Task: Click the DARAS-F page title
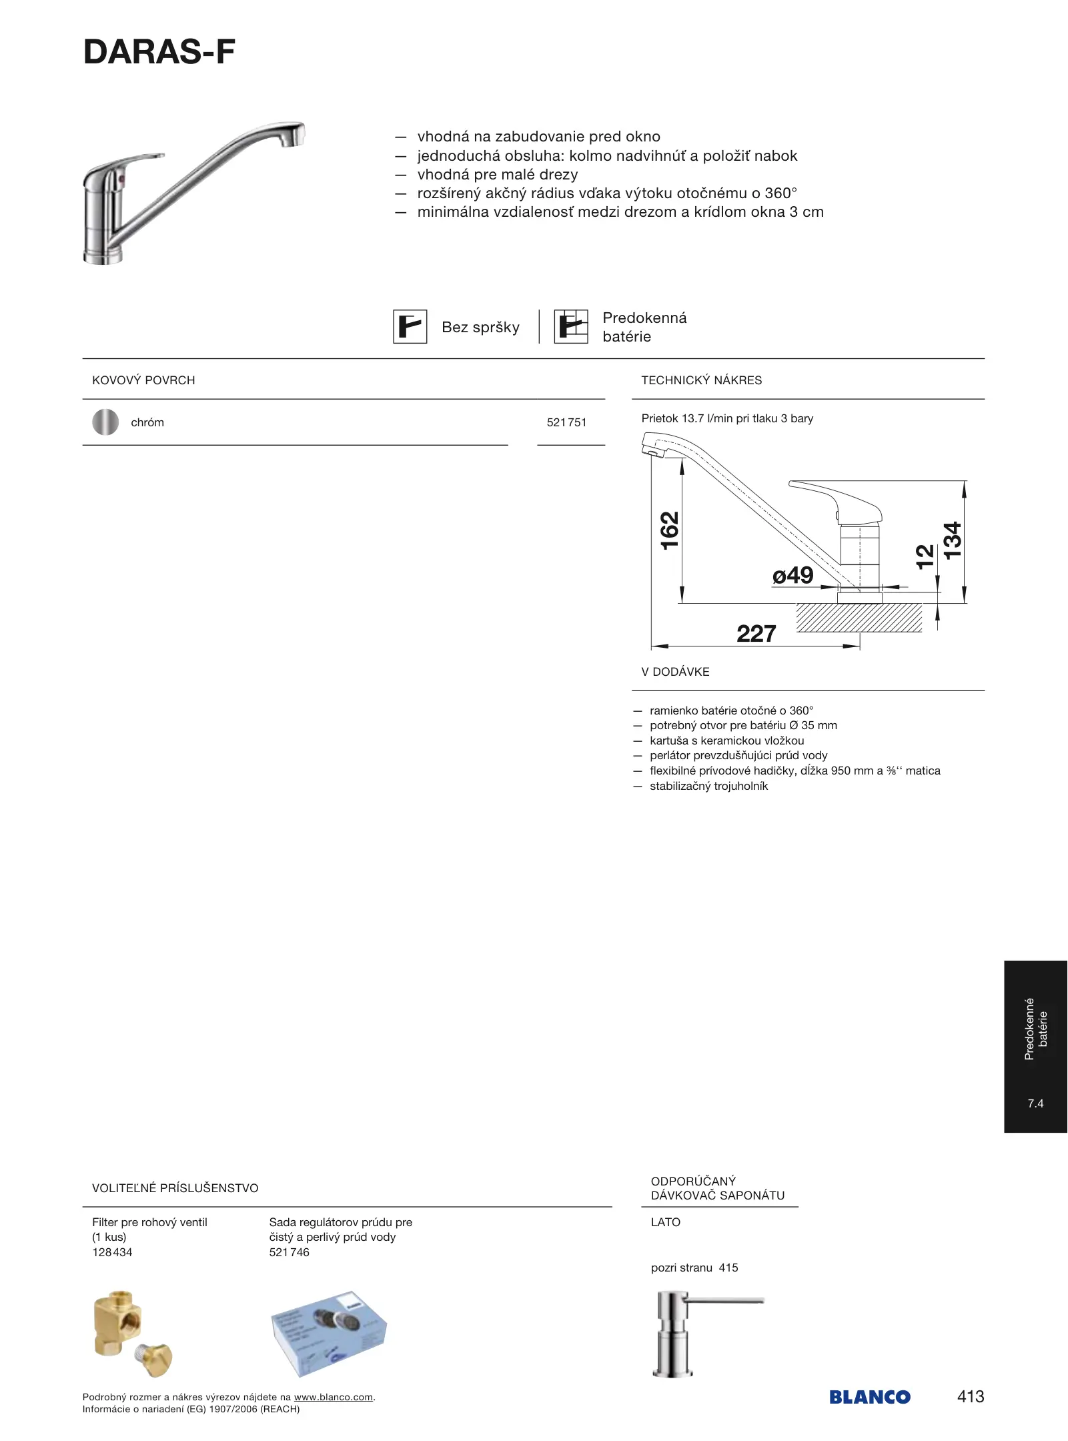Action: click(159, 52)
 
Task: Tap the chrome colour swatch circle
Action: click(105, 422)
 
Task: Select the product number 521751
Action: click(566, 422)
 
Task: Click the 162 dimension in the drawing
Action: click(669, 530)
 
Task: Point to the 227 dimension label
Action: click(756, 633)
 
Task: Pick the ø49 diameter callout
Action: click(792, 575)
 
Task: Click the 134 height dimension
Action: click(953, 540)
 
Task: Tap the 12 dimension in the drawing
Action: click(925, 556)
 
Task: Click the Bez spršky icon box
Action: click(410, 327)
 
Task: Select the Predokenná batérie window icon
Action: click(571, 327)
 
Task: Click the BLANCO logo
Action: click(869, 1397)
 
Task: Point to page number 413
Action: click(970, 1396)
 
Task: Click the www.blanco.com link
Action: click(333, 1397)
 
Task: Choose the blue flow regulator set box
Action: click(328, 1332)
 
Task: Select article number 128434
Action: click(112, 1252)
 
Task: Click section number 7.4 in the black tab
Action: click(1035, 1103)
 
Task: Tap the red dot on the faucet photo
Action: click(120, 181)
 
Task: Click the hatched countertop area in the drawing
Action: click(859, 618)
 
